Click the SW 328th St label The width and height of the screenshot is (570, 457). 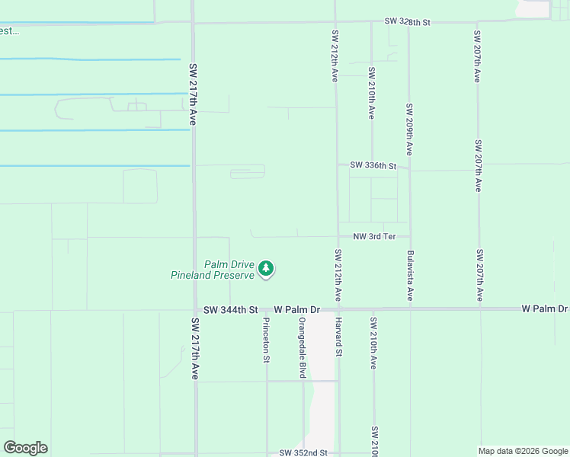[x=408, y=23]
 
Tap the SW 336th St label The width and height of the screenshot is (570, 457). [x=373, y=165]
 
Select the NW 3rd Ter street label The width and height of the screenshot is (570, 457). [x=374, y=237]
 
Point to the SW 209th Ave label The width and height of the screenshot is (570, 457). [x=409, y=129]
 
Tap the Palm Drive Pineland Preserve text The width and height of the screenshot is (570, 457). [x=212, y=270]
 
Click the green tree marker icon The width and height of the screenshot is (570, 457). [x=266, y=268]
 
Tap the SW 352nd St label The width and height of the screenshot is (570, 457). [x=303, y=452]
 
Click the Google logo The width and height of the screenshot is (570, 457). [x=25, y=448]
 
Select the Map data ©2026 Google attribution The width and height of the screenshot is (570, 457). [x=522, y=451]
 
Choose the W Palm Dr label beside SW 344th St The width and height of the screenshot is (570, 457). [x=296, y=310]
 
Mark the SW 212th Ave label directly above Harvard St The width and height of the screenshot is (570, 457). [x=337, y=274]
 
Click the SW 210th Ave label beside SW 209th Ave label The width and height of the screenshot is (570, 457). [x=372, y=93]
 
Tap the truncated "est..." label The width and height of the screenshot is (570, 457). [x=9, y=31]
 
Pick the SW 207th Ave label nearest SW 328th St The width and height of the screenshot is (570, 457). [x=476, y=56]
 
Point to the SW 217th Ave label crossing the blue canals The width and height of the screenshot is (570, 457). [x=193, y=94]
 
